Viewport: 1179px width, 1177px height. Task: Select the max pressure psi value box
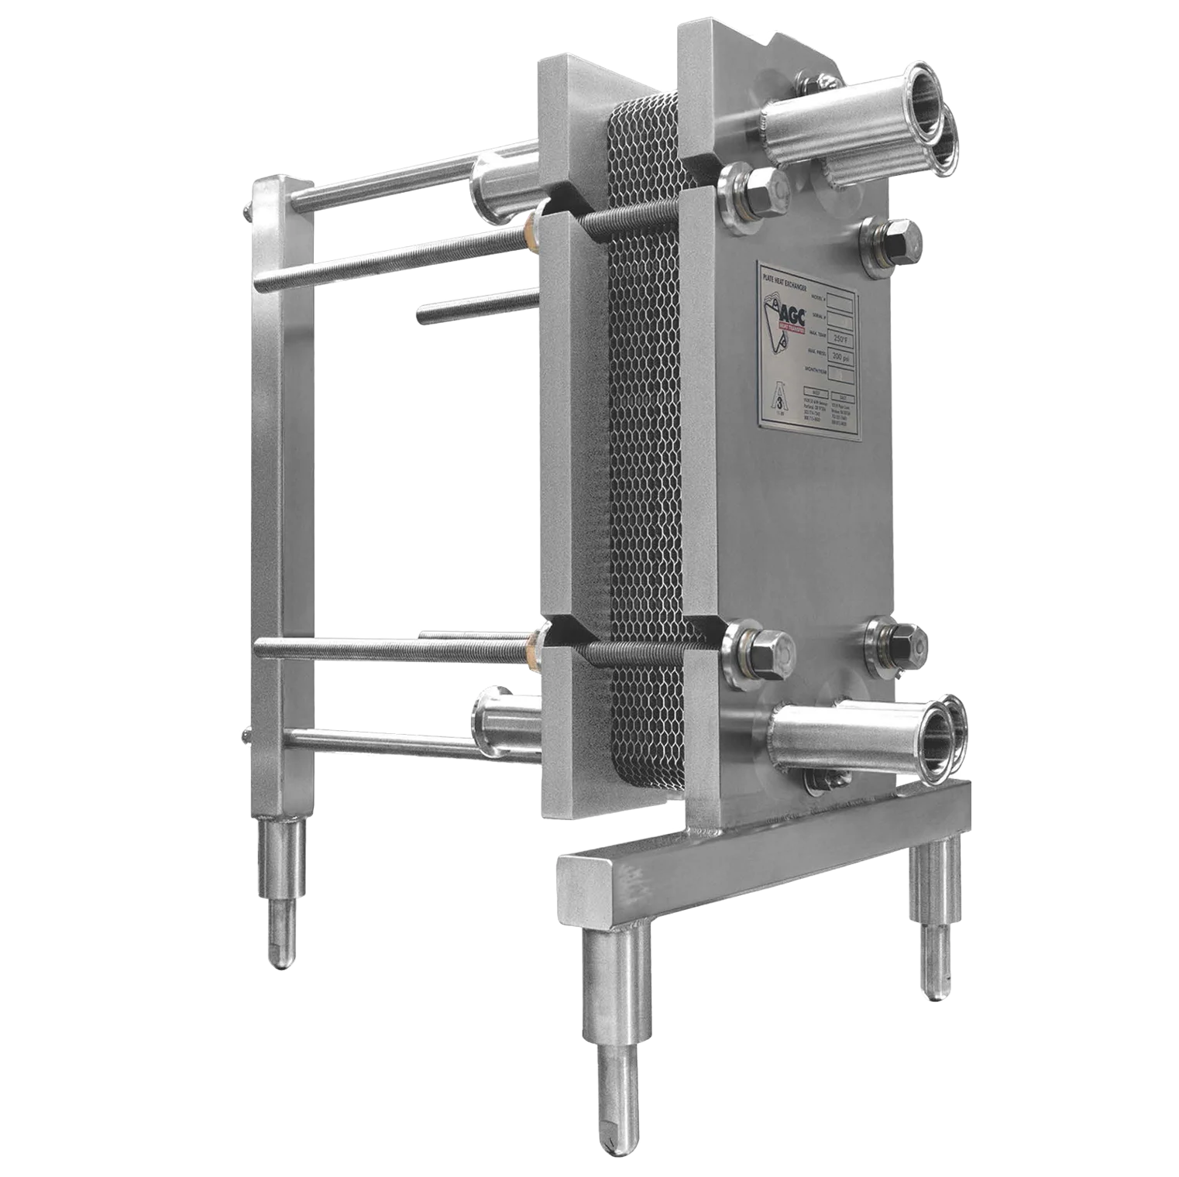(839, 358)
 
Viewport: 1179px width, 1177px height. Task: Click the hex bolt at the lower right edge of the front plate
(899, 640)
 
